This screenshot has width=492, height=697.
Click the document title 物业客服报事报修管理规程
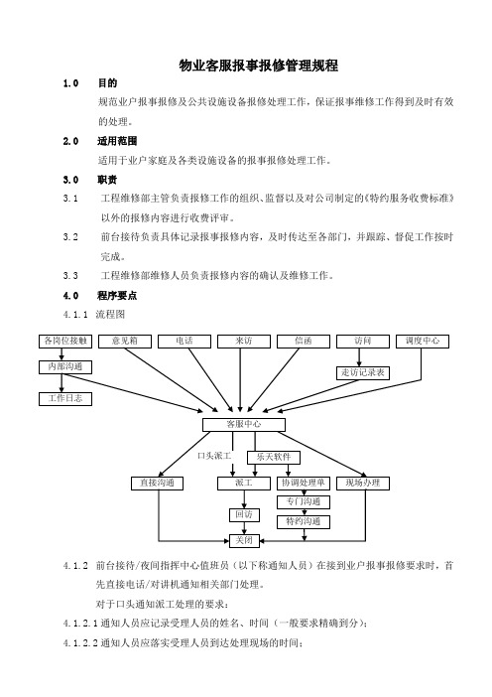tap(259, 66)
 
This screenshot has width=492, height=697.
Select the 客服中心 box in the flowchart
tap(244, 425)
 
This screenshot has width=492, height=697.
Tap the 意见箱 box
tap(125, 342)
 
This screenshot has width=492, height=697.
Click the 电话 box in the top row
tap(184, 342)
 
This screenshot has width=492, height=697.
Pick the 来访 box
tap(244, 342)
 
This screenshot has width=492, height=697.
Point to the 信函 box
tap(304, 342)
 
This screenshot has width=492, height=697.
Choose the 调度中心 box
tap(423, 342)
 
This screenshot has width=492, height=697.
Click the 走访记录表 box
tap(363, 373)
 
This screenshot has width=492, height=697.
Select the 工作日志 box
tap(65, 399)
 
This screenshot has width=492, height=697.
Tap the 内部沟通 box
tap(65, 367)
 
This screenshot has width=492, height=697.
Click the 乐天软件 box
tap(274, 458)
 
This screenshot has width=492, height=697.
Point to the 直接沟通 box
tap(157, 484)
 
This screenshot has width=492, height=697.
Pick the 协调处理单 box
tap(304, 484)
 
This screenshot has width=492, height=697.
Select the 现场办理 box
tap(363, 484)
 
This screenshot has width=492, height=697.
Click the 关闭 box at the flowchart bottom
tap(244, 540)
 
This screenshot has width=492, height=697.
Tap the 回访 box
tap(244, 515)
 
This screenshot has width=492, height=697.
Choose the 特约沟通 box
tap(304, 522)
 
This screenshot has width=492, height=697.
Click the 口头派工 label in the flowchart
tap(214, 456)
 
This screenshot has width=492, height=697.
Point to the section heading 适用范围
tap(117, 141)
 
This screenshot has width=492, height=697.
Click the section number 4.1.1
tap(75, 315)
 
